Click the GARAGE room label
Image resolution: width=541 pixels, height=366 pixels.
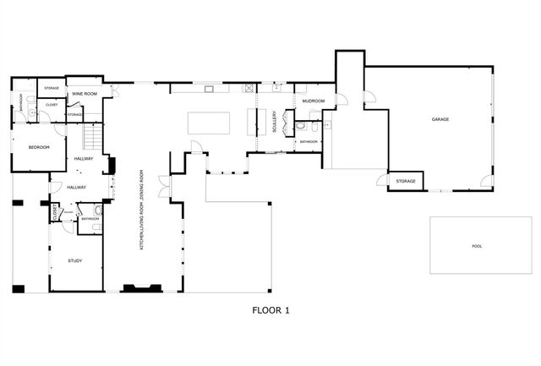(x=440, y=120)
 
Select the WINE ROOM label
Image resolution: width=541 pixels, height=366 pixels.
(x=84, y=93)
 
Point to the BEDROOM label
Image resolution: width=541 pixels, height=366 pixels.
(x=39, y=147)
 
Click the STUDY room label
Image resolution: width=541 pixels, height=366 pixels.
(x=75, y=260)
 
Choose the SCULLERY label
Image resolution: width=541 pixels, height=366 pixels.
(x=274, y=123)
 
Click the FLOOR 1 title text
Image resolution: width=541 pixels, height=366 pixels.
(x=270, y=310)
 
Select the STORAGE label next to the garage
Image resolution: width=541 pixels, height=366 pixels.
(x=406, y=181)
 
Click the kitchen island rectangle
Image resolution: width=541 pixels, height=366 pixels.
(x=208, y=123)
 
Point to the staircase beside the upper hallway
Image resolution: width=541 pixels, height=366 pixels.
(x=93, y=135)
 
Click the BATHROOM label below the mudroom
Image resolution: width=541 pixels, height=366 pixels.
(x=309, y=141)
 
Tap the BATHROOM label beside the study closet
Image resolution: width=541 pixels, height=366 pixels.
(x=90, y=219)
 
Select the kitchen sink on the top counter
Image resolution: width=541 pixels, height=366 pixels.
(x=208, y=87)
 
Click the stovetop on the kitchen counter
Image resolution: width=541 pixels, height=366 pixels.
(x=249, y=87)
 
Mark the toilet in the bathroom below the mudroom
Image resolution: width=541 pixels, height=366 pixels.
(x=300, y=127)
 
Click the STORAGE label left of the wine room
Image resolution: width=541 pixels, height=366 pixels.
(x=52, y=87)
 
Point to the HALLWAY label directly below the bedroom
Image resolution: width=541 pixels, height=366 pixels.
(x=84, y=159)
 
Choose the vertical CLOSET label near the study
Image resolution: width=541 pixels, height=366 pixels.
(x=55, y=212)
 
